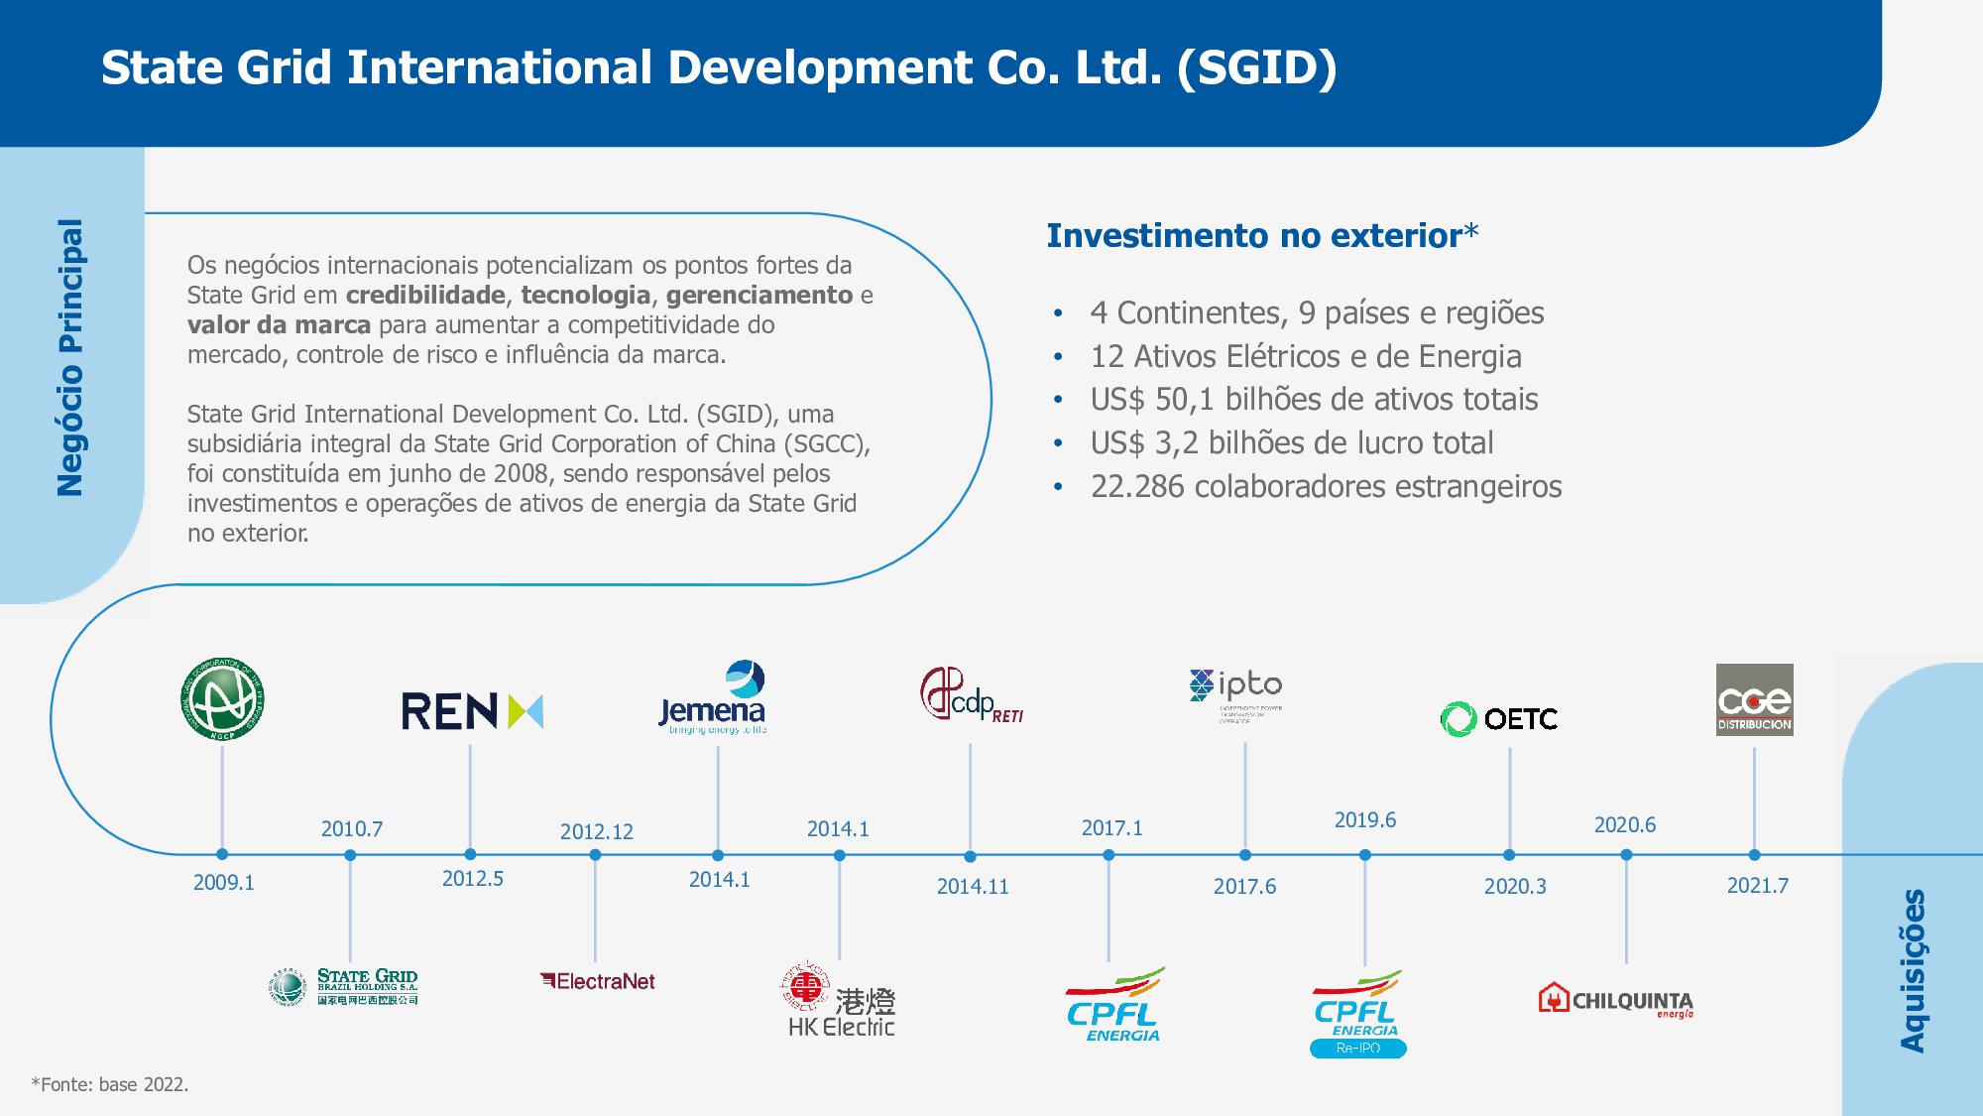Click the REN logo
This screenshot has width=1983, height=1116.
472,711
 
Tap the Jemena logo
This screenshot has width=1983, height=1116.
713,698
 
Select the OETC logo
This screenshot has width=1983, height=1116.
1498,718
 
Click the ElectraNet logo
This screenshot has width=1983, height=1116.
598,981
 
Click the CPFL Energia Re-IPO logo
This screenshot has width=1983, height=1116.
1357,1014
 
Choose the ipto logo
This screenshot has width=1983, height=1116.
1235,693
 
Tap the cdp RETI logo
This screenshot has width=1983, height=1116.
971,694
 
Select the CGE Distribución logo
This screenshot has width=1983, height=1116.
1754,699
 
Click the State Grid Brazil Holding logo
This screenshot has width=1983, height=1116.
344,987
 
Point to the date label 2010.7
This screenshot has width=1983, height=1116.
351,828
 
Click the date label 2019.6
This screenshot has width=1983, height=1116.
1364,819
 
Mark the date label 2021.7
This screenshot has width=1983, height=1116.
1757,885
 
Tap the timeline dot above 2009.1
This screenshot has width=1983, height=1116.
222,854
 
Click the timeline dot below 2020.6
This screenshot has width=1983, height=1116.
1626,855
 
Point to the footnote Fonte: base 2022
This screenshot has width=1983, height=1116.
110,1084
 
